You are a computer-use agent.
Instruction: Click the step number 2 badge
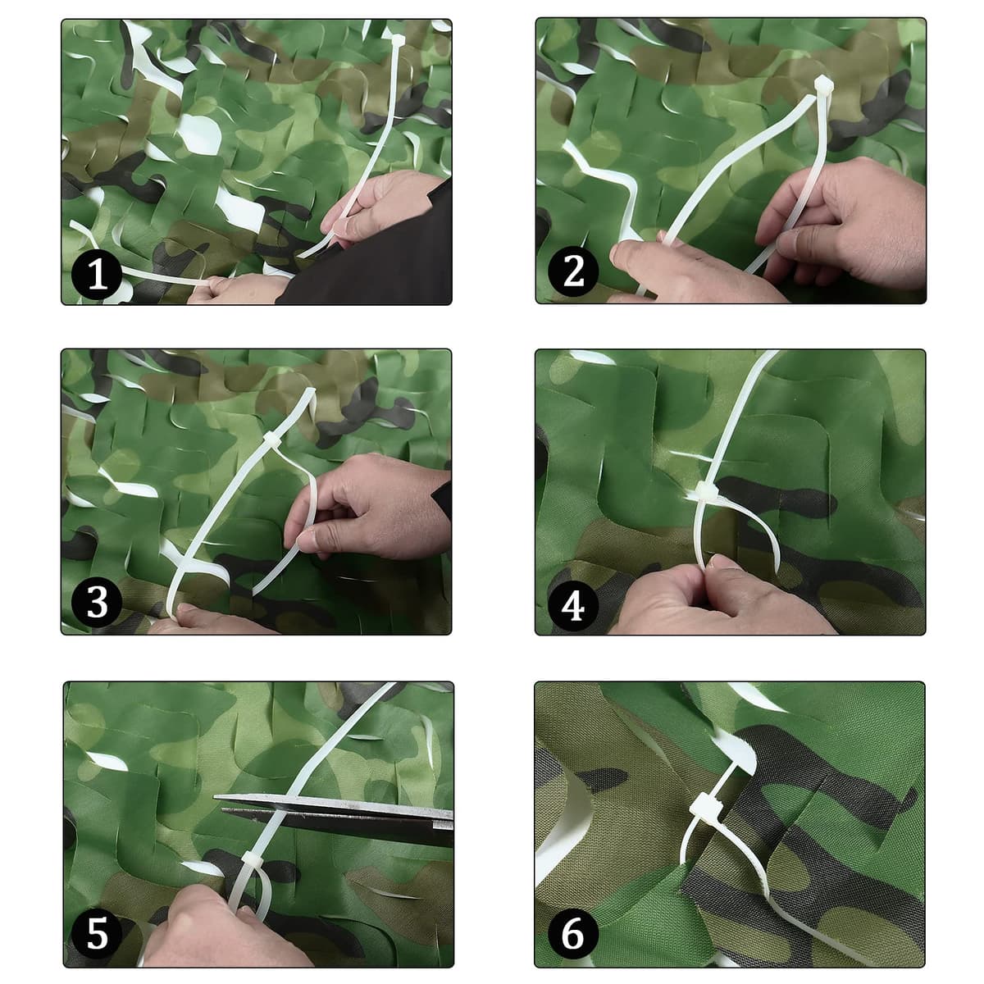(x=573, y=271)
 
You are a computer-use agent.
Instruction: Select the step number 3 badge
(x=97, y=602)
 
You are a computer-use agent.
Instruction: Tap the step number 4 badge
(x=573, y=606)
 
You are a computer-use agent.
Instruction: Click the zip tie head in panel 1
(x=398, y=40)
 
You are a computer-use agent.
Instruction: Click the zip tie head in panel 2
(x=823, y=85)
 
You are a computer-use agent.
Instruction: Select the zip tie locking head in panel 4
(x=707, y=491)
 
